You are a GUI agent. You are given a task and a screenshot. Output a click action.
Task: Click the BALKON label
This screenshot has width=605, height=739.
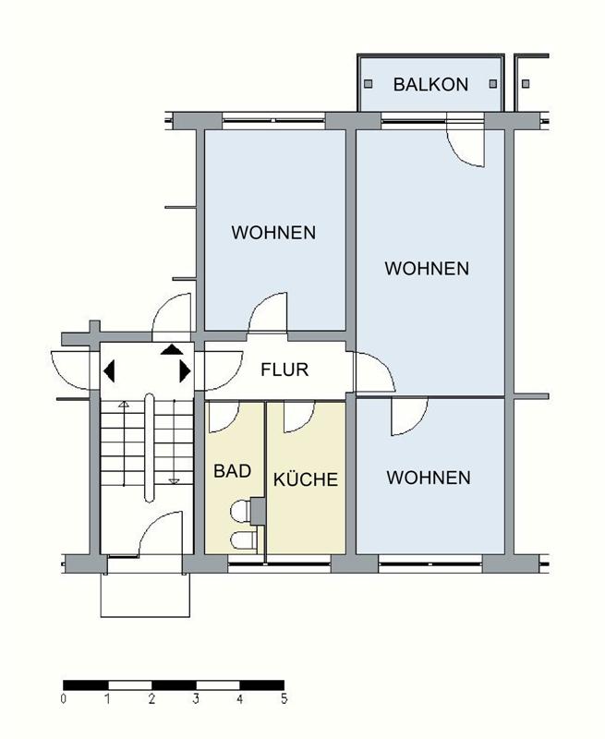pyautogui.click(x=430, y=84)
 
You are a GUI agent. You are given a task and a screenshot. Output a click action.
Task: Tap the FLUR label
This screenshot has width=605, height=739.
pyautogui.click(x=284, y=370)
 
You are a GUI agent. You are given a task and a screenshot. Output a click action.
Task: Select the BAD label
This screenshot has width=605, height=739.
pyautogui.click(x=233, y=470)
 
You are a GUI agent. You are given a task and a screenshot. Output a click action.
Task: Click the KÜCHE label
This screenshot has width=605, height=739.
pyautogui.click(x=305, y=479)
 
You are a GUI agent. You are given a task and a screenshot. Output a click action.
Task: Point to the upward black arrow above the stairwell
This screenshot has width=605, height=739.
pyautogui.click(x=172, y=349)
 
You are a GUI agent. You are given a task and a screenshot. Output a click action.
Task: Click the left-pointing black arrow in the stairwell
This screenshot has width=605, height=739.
pyautogui.click(x=110, y=371)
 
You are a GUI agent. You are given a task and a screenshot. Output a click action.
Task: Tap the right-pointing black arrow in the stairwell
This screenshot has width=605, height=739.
pyautogui.click(x=185, y=371)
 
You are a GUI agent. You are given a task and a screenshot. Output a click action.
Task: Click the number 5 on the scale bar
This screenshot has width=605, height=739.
pyautogui.click(x=284, y=698)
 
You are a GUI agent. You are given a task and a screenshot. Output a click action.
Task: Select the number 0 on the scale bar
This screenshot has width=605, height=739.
pyautogui.click(x=63, y=698)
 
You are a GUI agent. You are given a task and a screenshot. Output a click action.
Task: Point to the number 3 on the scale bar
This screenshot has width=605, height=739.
pyautogui.click(x=196, y=698)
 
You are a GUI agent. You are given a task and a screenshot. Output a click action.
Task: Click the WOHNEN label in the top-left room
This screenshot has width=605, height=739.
pyautogui.click(x=273, y=232)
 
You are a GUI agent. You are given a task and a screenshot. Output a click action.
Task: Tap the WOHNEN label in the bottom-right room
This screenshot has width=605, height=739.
pyautogui.click(x=429, y=478)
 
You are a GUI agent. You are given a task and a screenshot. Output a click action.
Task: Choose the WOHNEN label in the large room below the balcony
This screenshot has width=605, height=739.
pyautogui.click(x=427, y=269)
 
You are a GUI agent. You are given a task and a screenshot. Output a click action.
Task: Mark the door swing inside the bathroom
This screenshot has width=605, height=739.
pyautogui.click(x=225, y=418)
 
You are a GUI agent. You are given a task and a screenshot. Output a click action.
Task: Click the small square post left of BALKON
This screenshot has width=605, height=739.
pyautogui.click(x=367, y=83)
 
